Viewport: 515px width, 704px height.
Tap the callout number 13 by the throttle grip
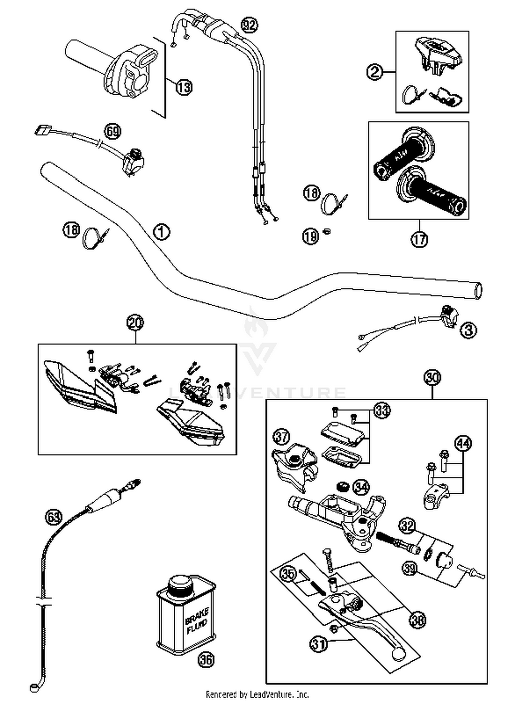184,87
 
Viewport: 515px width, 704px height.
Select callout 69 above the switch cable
113,131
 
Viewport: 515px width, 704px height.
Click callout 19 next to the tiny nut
311,236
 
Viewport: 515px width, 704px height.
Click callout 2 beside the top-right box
375,72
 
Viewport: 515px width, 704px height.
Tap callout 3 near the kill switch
469,330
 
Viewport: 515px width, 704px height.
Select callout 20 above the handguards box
135,322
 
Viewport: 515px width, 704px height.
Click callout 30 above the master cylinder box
432,377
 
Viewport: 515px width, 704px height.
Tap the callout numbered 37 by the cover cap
282,437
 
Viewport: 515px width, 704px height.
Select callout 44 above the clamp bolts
463,443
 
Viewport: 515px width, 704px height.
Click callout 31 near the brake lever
319,643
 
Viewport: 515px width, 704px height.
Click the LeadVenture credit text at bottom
257,694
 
